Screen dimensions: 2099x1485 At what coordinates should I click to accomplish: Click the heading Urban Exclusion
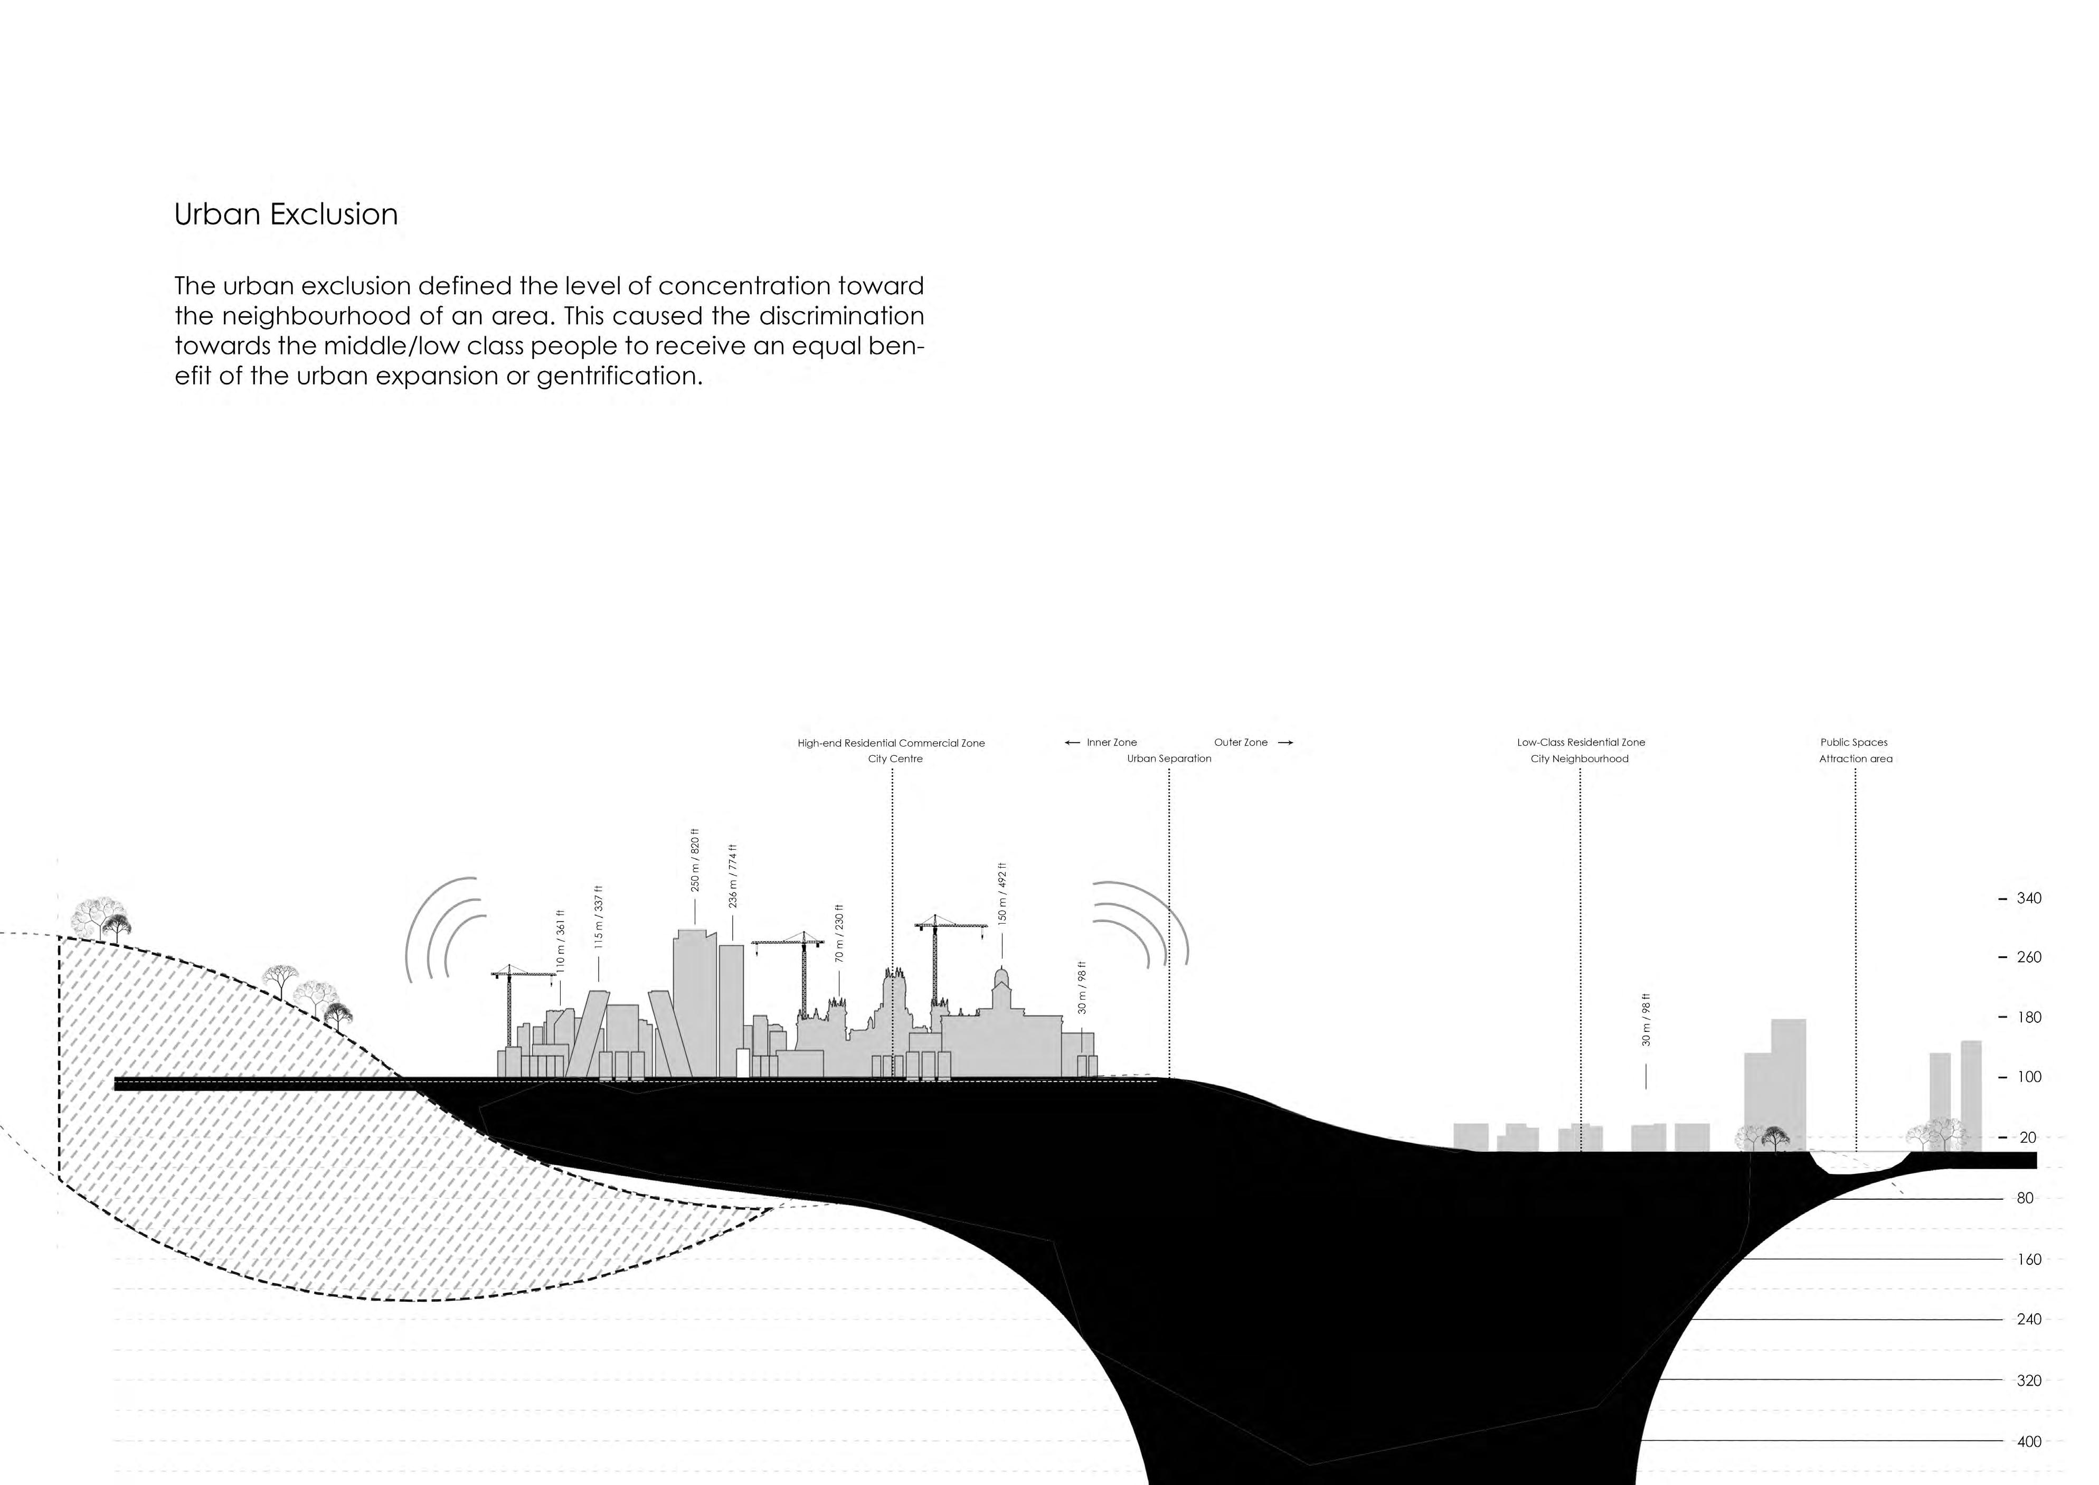pyautogui.click(x=286, y=214)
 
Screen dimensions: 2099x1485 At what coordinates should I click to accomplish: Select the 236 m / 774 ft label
pyautogui.click(x=732, y=876)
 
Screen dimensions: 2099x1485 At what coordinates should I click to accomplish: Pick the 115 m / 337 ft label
pyautogui.click(x=599, y=917)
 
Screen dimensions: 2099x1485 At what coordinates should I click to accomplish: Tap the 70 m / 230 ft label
pyautogui.click(x=839, y=933)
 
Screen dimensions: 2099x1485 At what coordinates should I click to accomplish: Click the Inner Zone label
pyautogui.click(x=1112, y=742)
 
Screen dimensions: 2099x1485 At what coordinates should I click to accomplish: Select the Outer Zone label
pyautogui.click(x=1241, y=742)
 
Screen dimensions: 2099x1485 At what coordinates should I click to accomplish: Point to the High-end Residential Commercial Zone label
pyautogui.click(x=891, y=744)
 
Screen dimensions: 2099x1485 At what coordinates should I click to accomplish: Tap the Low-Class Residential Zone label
pyautogui.click(x=1581, y=742)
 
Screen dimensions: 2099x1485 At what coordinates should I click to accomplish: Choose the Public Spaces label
pyautogui.click(x=1854, y=742)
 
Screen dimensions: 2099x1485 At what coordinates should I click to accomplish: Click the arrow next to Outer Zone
pyautogui.click(x=1284, y=742)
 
